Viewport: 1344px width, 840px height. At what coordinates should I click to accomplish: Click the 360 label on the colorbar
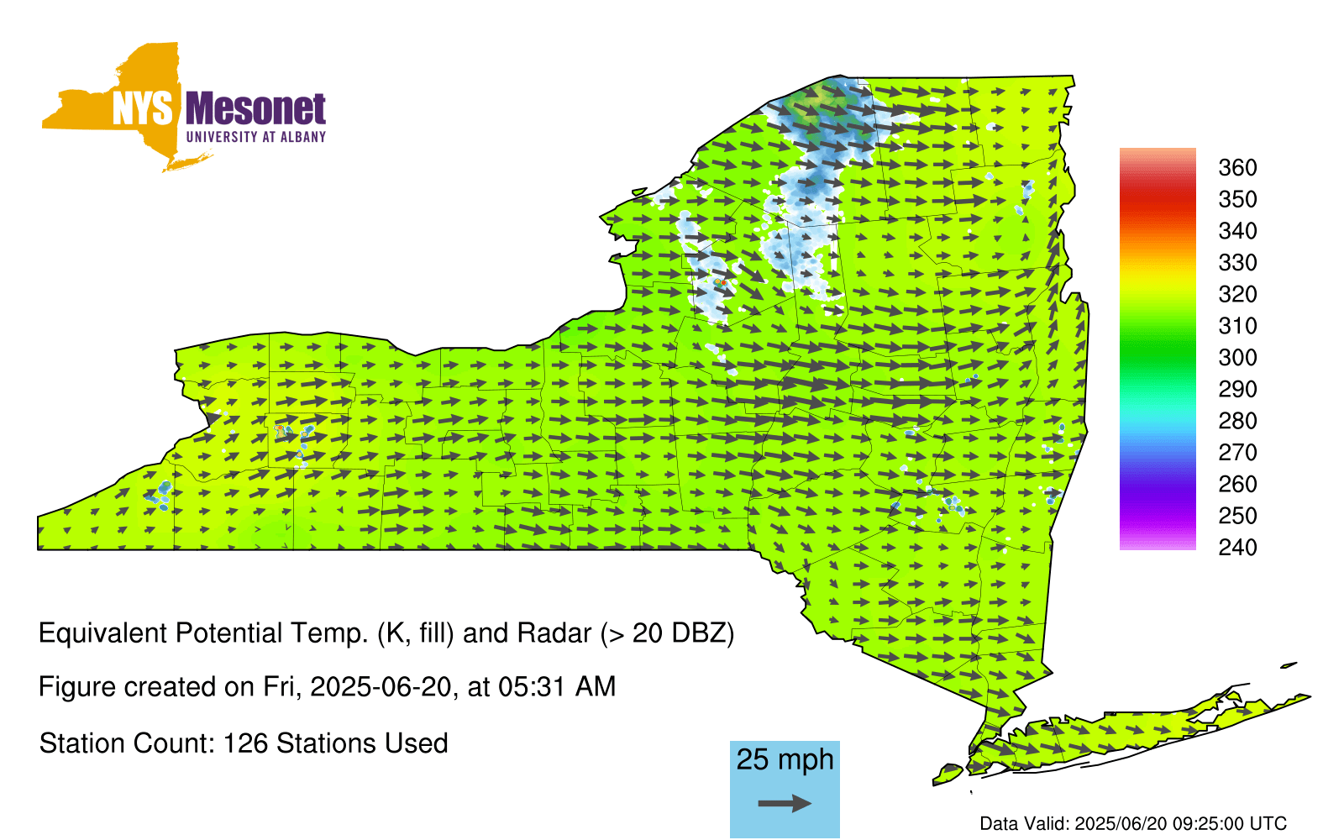[x=1237, y=167]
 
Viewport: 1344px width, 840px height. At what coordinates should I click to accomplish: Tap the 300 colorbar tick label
[x=1237, y=358]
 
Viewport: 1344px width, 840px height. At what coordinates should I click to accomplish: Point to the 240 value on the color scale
[x=1237, y=547]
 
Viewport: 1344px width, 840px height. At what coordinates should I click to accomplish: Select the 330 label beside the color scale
[x=1237, y=263]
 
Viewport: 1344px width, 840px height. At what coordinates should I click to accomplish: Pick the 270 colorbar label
[x=1237, y=453]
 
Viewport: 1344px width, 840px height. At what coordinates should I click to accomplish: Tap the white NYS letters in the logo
[x=142, y=109]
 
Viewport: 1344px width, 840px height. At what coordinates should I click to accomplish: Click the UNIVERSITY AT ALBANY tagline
[x=256, y=137]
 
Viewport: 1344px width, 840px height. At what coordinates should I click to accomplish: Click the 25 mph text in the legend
[x=785, y=759]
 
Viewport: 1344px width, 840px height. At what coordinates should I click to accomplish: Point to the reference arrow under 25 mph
[x=785, y=803]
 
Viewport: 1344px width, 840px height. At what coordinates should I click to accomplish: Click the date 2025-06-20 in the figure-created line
[x=381, y=687]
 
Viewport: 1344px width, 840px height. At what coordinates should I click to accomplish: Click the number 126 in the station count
[x=243, y=744]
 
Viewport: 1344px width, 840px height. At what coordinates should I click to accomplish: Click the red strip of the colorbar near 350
[x=1158, y=200]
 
